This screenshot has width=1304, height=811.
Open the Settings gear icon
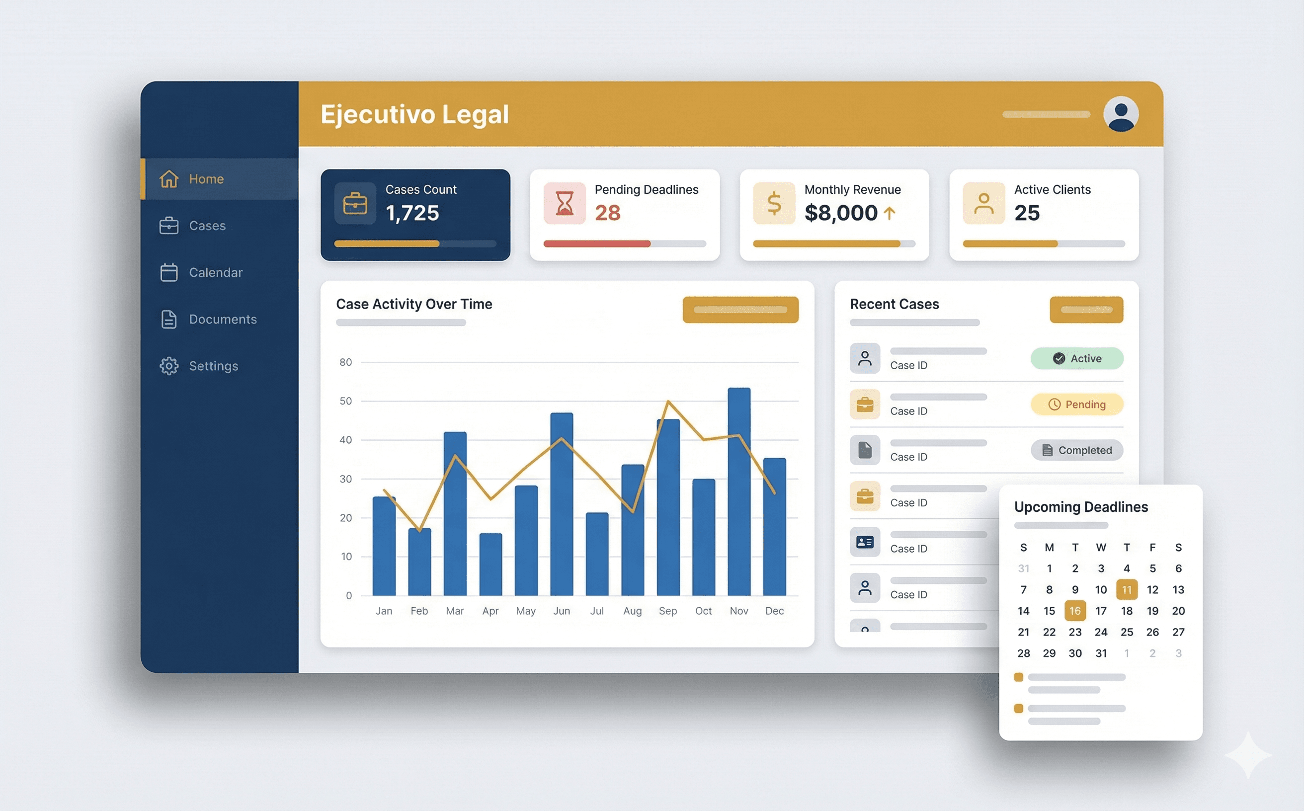(x=169, y=366)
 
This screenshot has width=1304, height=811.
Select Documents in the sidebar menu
(x=222, y=319)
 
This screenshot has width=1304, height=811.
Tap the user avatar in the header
(x=1121, y=114)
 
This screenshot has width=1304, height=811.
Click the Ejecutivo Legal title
(x=414, y=114)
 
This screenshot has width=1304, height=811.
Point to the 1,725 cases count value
(x=412, y=213)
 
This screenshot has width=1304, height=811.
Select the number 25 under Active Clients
(x=1027, y=213)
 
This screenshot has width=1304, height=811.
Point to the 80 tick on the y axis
(x=345, y=362)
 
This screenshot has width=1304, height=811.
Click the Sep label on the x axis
(x=667, y=611)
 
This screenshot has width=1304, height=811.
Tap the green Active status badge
(x=1076, y=358)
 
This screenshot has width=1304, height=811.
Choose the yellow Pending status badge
(x=1076, y=405)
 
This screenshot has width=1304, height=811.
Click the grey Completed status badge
(x=1076, y=450)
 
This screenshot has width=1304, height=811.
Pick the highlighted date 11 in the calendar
(x=1127, y=589)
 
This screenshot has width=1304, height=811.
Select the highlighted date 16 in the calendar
(x=1074, y=611)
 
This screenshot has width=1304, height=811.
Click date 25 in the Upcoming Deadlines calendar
(x=1127, y=632)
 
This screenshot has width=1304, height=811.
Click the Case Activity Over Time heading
(x=413, y=304)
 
